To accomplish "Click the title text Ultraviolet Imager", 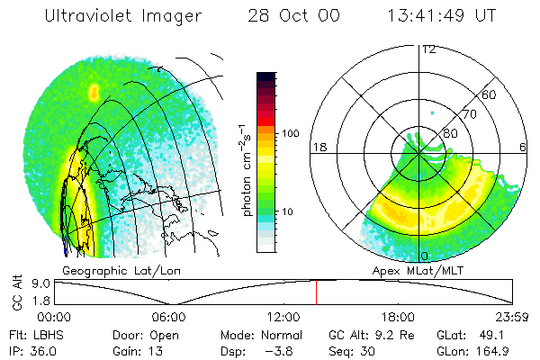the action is [123, 16].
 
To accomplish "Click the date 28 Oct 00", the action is [293, 15].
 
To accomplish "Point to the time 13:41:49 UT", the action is [442, 15].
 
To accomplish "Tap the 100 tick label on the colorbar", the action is [291, 133].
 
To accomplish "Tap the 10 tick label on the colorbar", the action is [287, 211].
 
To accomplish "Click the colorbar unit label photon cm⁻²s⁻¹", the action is [245, 170].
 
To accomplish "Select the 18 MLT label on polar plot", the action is [319, 148].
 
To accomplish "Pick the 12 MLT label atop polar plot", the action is [429, 50].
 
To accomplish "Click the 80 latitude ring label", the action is [450, 133].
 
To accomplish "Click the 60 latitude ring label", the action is [489, 94].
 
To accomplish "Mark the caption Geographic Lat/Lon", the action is [121, 271].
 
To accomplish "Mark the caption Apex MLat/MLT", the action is [418, 271].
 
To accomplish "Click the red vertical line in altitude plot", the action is [316, 292].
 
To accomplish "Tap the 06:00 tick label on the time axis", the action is [169, 317].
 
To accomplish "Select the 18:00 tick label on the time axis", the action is [398, 317].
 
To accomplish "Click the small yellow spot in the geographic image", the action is [94, 92].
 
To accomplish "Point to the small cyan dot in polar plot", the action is [433, 112].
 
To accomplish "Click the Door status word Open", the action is [164, 336].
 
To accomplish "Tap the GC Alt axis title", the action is [17, 292].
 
